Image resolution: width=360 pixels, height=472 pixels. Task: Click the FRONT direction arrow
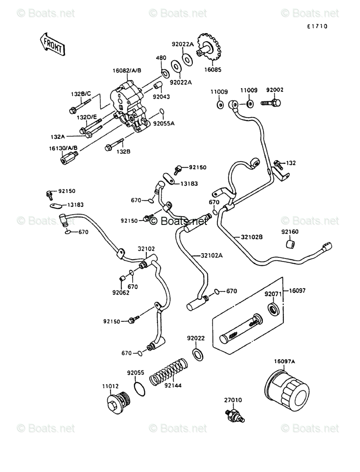click(x=52, y=44)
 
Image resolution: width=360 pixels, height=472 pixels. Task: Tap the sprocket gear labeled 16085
click(x=209, y=48)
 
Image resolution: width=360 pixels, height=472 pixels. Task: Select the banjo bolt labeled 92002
click(x=271, y=103)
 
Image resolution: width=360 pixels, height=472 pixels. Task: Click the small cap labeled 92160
click(x=290, y=244)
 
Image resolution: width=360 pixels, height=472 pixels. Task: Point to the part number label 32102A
click(x=212, y=256)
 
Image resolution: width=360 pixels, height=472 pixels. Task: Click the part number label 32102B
click(x=252, y=237)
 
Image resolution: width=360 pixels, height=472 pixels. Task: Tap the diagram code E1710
click(x=317, y=27)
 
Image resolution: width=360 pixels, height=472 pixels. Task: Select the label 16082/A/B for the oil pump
click(x=127, y=71)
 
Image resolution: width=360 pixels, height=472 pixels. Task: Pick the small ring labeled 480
click(x=165, y=73)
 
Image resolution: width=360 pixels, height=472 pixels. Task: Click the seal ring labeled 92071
click(x=274, y=309)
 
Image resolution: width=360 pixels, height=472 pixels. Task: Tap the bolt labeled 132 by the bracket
click(x=278, y=164)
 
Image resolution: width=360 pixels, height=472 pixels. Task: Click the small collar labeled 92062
click(x=122, y=278)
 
